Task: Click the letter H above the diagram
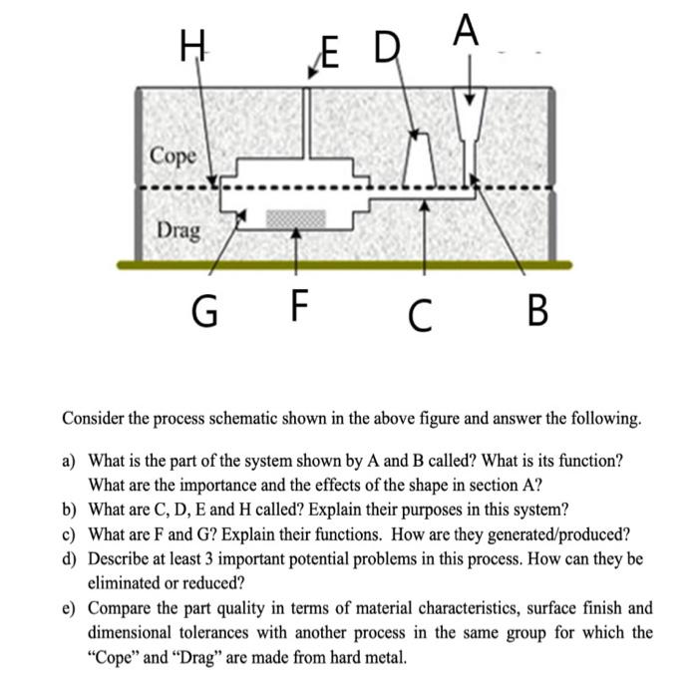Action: click(190, 46)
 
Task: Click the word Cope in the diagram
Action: click(174, 157)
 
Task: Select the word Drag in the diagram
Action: click(178, 230)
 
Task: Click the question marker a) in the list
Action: click(69, 462)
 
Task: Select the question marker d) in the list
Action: click(69, 558)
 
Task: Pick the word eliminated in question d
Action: click(128, 582)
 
